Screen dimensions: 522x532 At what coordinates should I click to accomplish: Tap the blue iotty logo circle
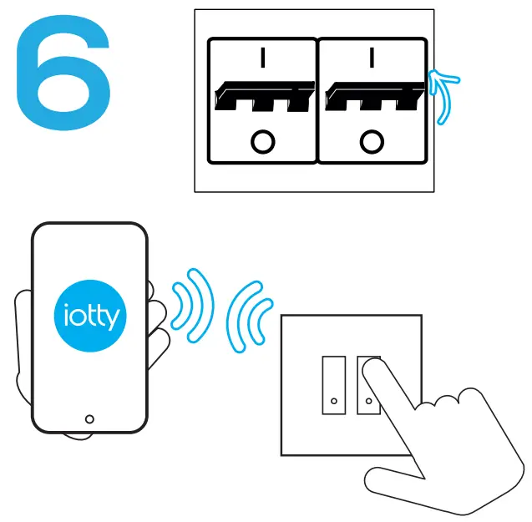coord(91,317)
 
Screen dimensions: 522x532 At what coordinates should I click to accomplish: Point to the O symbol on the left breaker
coord(262,142)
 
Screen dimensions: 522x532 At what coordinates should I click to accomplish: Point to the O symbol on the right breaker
coord(371,142)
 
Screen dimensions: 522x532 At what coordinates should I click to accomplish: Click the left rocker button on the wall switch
coord(333,383)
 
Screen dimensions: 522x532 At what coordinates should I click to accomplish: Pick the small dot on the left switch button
coord(333,402)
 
